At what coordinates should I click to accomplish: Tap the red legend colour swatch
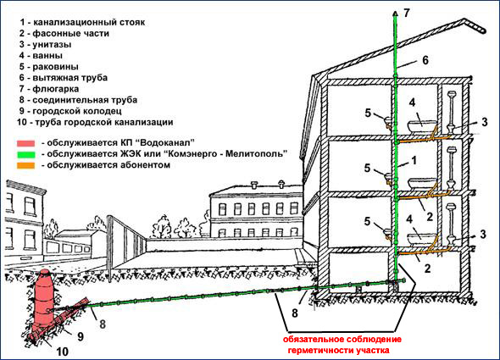[x=25, y=143]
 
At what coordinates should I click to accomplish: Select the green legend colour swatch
[x=25, y=155]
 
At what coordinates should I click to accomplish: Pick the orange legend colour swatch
[x=25, y=166]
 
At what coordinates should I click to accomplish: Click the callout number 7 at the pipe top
[x=406, y=13]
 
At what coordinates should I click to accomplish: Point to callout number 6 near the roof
[x=425, y=60]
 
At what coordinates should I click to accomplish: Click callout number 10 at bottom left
[x=63, y=352]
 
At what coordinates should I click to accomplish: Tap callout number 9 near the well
[x=81, y=336]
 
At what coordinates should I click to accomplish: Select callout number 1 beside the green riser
[x=414, y=160]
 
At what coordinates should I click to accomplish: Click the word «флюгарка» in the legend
[x=55, y=89]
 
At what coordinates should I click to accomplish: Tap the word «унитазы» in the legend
[x=52, y=45]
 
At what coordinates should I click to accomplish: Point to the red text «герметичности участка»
[x=339, y=350]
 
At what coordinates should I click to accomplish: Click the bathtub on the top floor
[x=422, y=126]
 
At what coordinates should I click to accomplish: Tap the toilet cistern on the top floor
[x=452, y=95]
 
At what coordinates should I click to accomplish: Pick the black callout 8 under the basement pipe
[x=295, y=313]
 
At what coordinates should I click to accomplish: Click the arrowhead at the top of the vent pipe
[x=396, y=13]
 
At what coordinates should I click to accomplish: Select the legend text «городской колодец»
[x=77, y=111]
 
